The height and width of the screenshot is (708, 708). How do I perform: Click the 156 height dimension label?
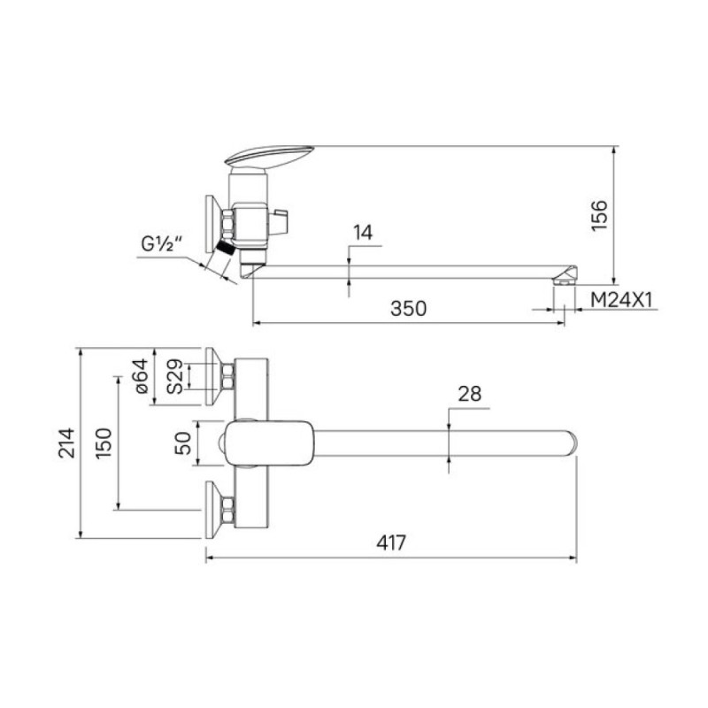pos(600,215)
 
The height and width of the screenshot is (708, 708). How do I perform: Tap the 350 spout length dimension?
pos(408,308)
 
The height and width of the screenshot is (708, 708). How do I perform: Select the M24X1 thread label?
pos(622,299)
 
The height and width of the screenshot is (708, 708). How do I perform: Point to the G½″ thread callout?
pos(161,244)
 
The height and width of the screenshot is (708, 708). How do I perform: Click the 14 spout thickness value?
pos(363,233)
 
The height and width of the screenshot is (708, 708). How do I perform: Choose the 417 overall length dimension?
pos(391,543)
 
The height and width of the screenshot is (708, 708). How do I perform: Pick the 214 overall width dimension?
pos(67,443)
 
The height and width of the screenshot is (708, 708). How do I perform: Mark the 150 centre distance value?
pos(104,443)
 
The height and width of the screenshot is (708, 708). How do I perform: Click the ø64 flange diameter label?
pos(142,375)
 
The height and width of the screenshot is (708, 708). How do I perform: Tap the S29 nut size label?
pos(174,376)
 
